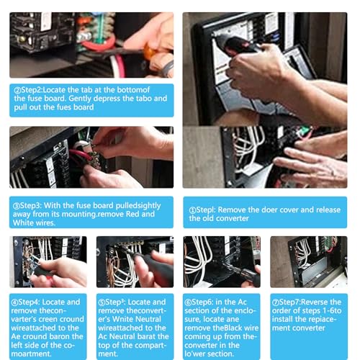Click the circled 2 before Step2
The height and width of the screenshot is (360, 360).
(x=17, y=90)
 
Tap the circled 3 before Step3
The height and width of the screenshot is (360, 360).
(x=17, y=206)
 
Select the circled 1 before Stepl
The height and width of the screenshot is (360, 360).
(x=193, y=210)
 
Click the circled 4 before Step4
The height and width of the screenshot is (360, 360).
(x=14, y=302)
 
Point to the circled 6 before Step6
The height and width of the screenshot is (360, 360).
(x=188, y=302)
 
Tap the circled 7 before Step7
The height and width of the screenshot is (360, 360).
(x=275, y=302)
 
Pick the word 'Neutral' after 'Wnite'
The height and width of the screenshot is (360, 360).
(x=148, y=319)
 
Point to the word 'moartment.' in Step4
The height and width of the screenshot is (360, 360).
(x=31, y=354)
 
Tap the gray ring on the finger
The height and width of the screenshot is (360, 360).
(x=168, y=68)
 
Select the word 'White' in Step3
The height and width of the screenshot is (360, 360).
(x=22, y=222)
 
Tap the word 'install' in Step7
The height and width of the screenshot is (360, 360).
(x=282, y=319)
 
